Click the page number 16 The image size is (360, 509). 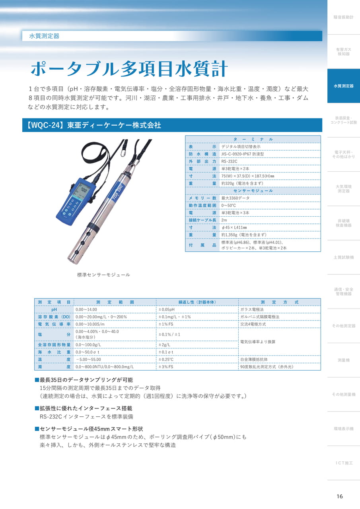(340, 496)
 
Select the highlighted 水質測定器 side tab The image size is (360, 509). (343, 86)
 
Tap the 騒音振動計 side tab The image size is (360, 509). (343, 17)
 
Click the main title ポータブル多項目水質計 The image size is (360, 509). (129, 68)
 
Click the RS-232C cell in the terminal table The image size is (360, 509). (229, 161)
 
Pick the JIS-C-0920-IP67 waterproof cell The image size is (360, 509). (243, 154)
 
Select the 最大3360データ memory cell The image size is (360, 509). (235, 198)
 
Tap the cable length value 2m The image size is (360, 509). (224, 220)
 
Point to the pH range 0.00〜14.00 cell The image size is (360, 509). (86, 309)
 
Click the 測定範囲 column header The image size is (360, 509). (115, 302)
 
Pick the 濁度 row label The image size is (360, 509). (54, 367)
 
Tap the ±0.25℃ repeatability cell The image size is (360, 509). (166, 359)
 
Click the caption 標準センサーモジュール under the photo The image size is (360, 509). (104, 275)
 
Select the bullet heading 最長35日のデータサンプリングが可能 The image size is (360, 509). (84, 380)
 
